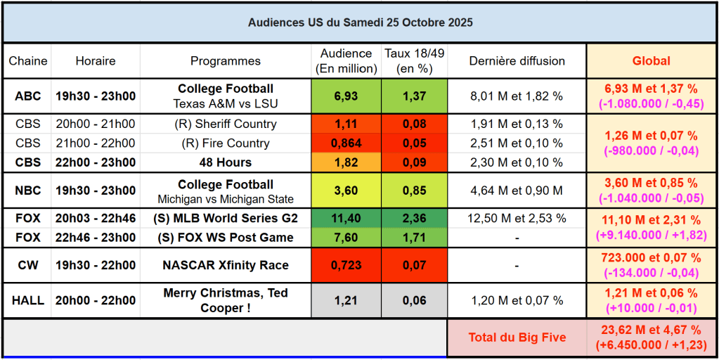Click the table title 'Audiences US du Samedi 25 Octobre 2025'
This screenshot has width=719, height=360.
[360, 22]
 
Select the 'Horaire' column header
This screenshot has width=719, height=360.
[95, 61]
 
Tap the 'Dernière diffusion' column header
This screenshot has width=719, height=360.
[517, 61]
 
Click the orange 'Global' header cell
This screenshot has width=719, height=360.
[651, 61]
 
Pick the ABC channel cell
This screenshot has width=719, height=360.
[28, 96]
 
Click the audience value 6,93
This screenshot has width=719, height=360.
[346, 96]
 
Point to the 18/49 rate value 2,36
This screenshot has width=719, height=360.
[414, 219]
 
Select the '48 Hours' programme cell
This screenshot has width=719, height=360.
[225, 162]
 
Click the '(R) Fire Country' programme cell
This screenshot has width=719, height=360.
[225, 143]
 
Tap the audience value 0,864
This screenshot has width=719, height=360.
[346, 143]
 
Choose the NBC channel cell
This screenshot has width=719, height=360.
[28, 191]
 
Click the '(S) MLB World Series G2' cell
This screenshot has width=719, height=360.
[225, 219]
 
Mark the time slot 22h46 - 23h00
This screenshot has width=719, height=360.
[95, 238]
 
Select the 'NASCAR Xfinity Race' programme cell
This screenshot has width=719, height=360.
[225, 266]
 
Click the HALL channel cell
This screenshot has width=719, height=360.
[28, 300]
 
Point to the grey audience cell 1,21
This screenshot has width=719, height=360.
[346, 300]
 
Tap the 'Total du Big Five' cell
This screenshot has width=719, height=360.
[517, 337]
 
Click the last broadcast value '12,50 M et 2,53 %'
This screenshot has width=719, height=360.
[517, 219]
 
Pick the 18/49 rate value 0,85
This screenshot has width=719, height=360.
[414, 191]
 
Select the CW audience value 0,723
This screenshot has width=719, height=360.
[346, 266]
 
